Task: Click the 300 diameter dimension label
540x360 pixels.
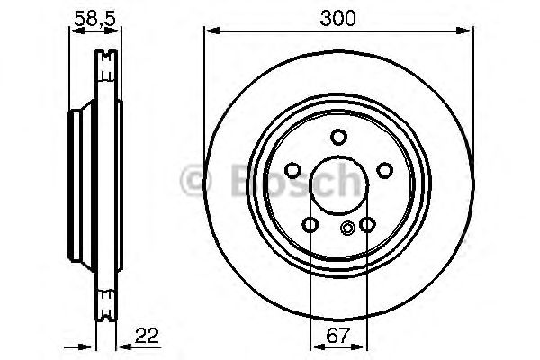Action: pos(338,17)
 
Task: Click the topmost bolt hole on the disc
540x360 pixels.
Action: pos(338,137)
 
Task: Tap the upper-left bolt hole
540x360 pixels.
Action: pos(292,170)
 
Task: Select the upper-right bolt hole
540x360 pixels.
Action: pos(384,170)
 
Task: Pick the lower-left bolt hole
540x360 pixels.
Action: pos(310,224)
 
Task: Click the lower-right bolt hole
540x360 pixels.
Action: pos(366,224)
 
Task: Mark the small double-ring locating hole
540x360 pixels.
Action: pos(347,227)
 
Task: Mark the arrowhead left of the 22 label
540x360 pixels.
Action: pos(116,346)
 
